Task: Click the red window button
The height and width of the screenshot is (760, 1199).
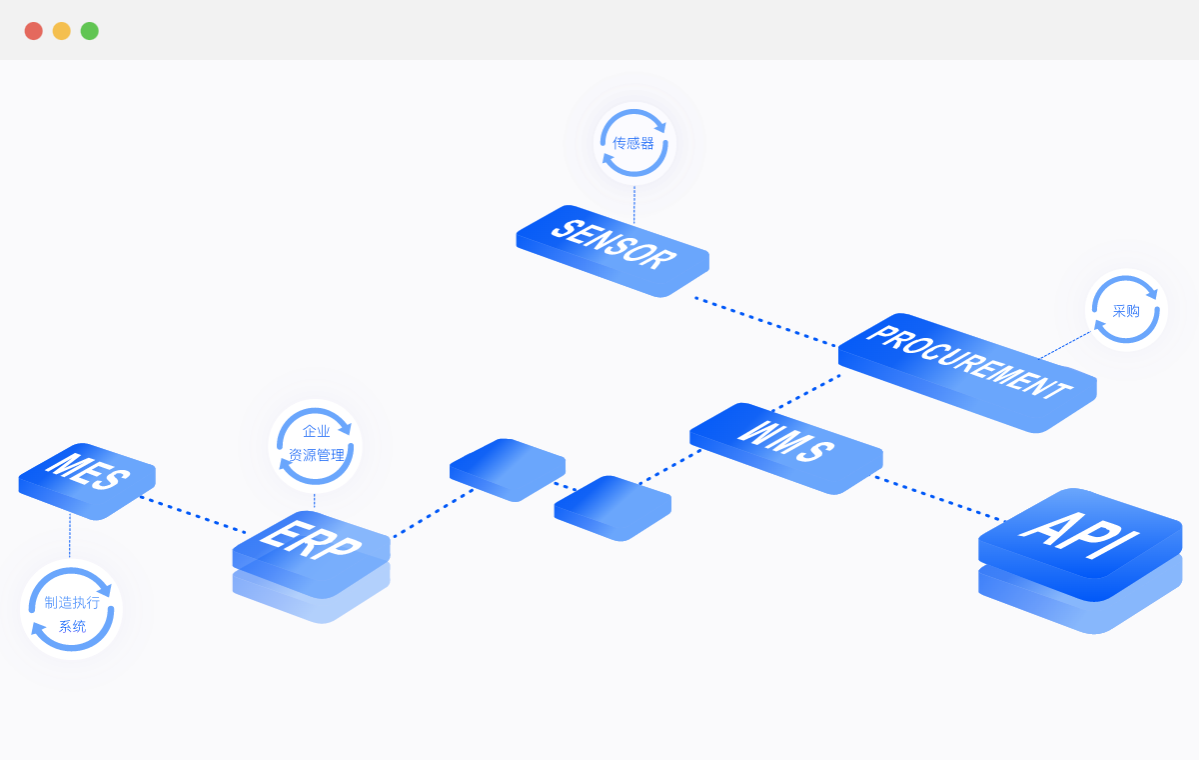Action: pos(34,31)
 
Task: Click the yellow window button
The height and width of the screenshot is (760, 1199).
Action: pos(62,31)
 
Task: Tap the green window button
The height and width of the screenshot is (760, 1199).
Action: pos(90,31)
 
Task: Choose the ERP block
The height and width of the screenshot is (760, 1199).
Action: pos(311,544)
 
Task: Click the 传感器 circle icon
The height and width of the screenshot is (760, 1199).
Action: pos(634,143)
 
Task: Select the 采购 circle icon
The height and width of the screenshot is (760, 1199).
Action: pos(1126,310)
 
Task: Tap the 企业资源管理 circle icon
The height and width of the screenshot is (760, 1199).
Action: pos(315,445)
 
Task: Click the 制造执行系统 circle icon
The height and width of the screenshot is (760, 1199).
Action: pos(71,610)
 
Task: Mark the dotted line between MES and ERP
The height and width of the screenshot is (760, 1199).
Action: pos(193,514)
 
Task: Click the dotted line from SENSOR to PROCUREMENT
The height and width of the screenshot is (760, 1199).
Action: pos(766,322)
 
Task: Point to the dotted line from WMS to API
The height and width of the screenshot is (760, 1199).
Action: pos(939,498)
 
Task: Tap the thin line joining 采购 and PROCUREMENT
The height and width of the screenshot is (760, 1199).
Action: pos(1065,344)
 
